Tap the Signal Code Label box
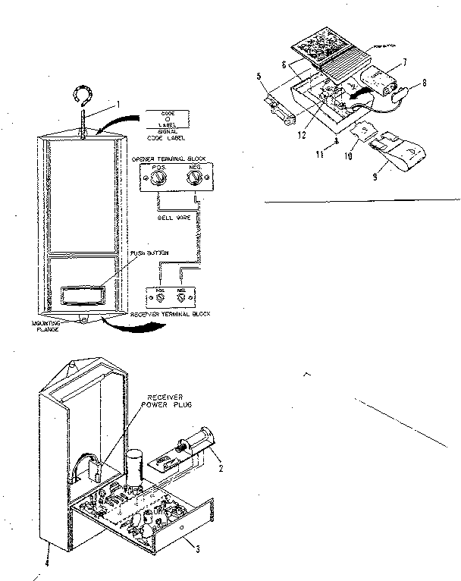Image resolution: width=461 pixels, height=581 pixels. pyautogui.click(x=168, y=122)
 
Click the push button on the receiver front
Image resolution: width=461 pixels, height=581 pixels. pyautogui.click(x=78, y=293)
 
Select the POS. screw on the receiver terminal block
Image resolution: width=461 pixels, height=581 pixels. pyautogui.click(x=160, y=296)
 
